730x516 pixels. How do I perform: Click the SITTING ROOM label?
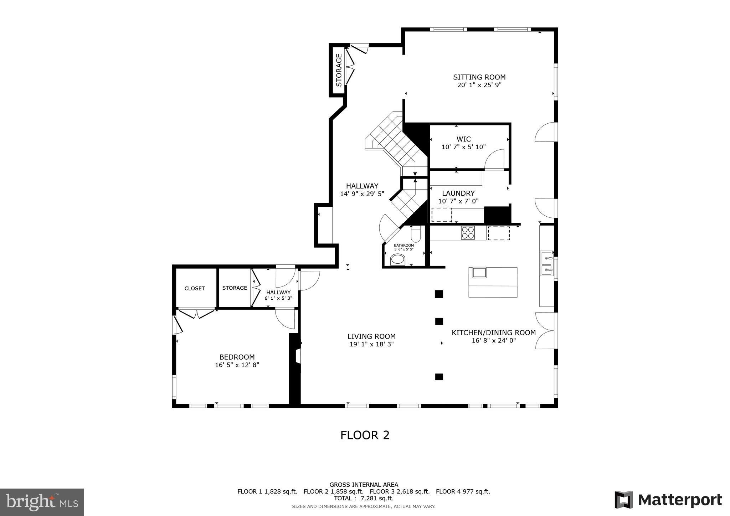[x=479, y=77]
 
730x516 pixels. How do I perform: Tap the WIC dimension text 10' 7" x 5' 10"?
[x=463, y=147]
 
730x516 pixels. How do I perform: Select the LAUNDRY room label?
[x=458, y=193]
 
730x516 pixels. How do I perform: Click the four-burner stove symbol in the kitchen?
[x=468, y=233]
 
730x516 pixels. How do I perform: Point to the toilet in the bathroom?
[x=416, y=234]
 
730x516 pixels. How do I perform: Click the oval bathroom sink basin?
[x=398, y=259]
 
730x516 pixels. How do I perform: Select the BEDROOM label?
[x=237, y=357]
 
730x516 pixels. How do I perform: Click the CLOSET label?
[x=195, y=289]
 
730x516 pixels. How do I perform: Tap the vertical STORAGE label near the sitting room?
[x=339, y=70]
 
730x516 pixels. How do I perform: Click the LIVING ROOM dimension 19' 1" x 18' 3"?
[x=371, y=345]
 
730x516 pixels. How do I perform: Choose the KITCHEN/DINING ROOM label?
[x=493, y=332]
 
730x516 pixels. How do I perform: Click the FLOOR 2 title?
[x=365, y=435]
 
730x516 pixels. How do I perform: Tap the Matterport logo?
[x=668, y=500]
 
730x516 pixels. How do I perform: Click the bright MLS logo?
[x=42, y=502]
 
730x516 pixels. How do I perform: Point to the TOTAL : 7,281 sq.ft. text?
[x=364, y=498]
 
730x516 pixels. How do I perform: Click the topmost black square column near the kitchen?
[x=439, y=294]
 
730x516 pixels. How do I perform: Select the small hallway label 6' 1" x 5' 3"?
[x=278, y=298]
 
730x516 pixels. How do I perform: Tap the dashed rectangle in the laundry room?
[x=441, y=215]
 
